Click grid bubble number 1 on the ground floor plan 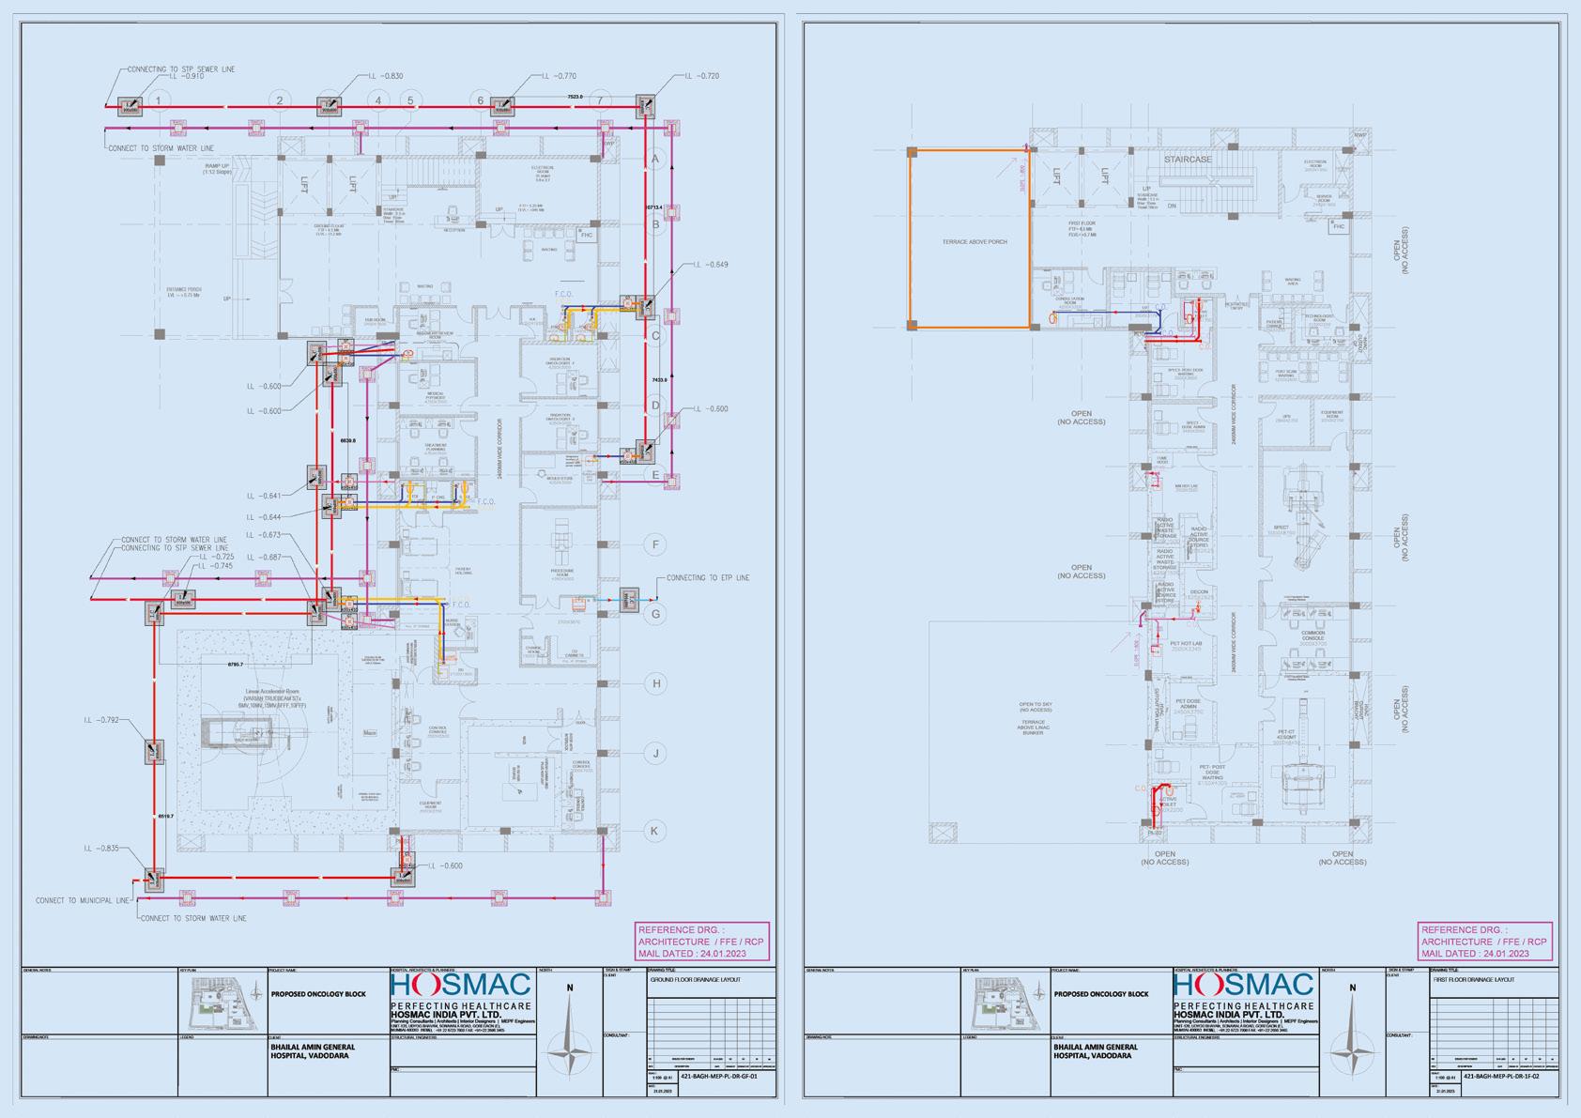pos(160,100)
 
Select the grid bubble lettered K pos(656,831)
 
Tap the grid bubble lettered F pos(656,544)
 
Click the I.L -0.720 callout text pos(701,76)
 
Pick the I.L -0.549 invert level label pos(711,265)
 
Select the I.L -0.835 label pos(101,849)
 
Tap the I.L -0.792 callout pos(101,721)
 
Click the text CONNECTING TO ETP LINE pos(708,578)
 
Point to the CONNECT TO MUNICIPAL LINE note pos(83,901)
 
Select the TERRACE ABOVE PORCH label pos(975,242)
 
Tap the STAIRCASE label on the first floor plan pos(1188,161)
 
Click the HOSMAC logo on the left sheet pos(461,986)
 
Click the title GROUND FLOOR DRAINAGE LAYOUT pos(695,980)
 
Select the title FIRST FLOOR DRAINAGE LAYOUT pos(1473,980)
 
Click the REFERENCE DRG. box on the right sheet pos(1484,942)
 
